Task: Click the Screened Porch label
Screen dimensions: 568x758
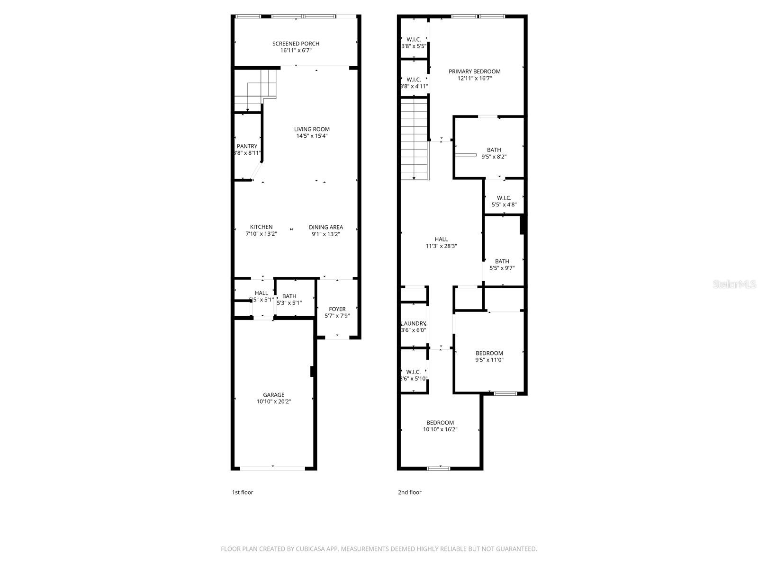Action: [x=296, y=44]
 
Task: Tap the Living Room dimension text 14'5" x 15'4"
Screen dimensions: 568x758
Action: [x=312, y=136]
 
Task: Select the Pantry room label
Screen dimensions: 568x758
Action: [x=247, y=146]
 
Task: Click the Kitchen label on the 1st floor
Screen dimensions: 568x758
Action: [x=261, y=227]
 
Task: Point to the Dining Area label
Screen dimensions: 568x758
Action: [x=326, y=227]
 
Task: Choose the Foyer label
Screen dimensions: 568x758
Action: [x=337, y=309]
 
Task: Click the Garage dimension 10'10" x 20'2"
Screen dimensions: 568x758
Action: [x=274, y=401]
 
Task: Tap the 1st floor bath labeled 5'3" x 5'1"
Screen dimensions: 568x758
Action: [x=289, y=300]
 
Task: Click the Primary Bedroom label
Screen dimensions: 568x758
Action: [x=474, y=71]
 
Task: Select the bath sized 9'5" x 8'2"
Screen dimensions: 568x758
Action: [x=494, y=153]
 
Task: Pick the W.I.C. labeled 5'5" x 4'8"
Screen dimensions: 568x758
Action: [x=504, y=201]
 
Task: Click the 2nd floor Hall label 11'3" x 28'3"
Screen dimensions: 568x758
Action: [x=441, y=242]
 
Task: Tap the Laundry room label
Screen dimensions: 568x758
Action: [x=414, y=324]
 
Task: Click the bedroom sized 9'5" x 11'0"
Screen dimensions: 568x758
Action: [x=489, y=356]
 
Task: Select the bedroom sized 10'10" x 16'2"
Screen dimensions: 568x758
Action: [x=440, y=426]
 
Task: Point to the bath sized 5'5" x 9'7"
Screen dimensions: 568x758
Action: [x=502, y=265]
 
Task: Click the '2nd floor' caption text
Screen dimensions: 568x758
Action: [x=409, y=492]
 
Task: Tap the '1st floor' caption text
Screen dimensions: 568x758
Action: [x=243, y=492]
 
